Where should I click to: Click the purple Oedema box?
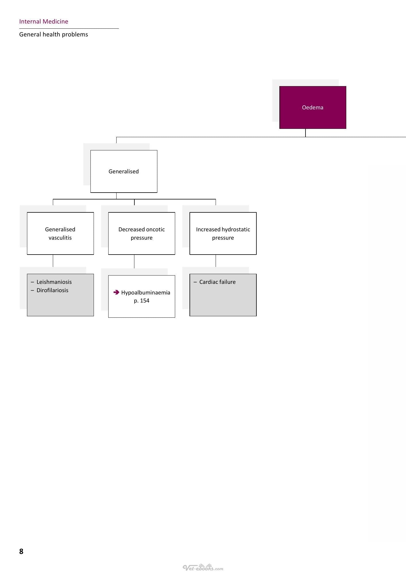[313, 107]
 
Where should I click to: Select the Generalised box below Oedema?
[124, 171]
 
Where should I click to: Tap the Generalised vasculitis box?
[60, 233]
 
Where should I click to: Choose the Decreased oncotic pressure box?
[142, 233]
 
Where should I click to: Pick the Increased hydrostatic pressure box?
[223, 233]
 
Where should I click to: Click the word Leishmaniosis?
[54, 282]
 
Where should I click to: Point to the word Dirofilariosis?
[52, 290]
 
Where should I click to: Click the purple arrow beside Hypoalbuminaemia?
[116, 292]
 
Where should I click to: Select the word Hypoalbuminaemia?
[146, 292]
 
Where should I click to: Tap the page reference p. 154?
[142, 300]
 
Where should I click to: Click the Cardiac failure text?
[217, 282]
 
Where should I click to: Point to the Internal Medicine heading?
[44, 22]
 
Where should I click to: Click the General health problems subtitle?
[54, 34]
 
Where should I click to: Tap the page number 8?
[21, 551]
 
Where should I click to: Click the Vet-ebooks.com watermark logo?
[203, 567]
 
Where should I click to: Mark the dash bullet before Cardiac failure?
[195, 282]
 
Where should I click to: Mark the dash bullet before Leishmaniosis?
[32, 282]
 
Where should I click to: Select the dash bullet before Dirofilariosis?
[32, 290]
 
